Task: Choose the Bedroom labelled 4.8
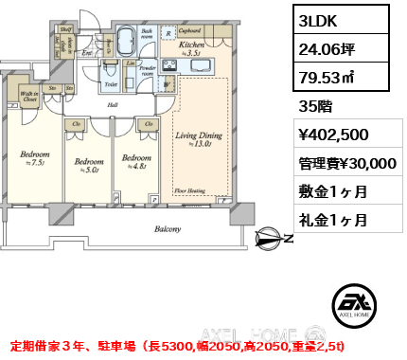point(134,160)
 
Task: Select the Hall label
point(112,105)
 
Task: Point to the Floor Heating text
point(191,190)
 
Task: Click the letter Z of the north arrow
point(288,239)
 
